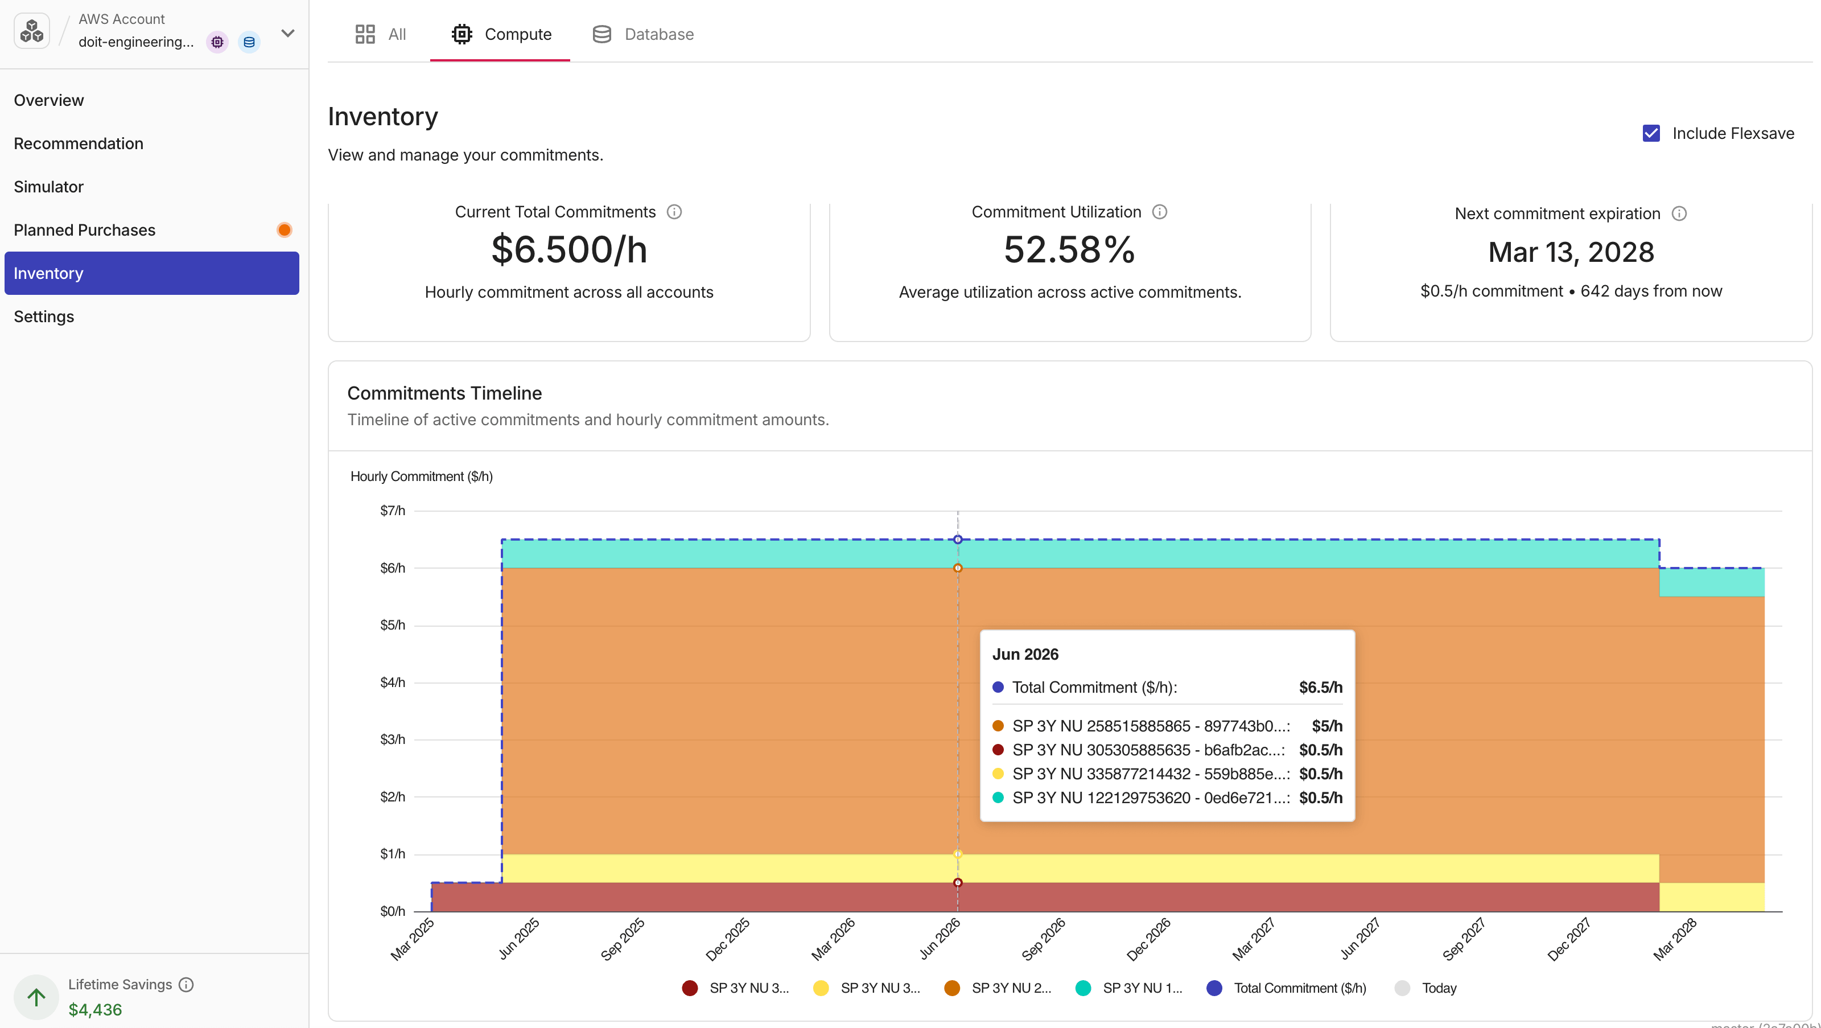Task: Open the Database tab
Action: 642,34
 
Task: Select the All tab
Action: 380,34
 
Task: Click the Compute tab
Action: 501,34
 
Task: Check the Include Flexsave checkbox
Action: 1651,134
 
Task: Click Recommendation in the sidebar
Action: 79,143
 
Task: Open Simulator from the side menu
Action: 49,187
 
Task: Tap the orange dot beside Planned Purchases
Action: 284,230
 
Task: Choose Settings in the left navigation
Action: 44,316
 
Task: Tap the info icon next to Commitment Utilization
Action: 1159,212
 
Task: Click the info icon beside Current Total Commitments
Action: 674,212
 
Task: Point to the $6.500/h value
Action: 569,249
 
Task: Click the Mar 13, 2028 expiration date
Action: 1571,252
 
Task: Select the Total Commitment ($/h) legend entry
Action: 1287,988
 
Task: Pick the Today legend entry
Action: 1426,988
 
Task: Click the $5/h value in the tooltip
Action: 1327,726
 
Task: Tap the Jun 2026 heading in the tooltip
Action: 1025,655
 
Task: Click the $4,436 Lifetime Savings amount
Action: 96,1010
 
